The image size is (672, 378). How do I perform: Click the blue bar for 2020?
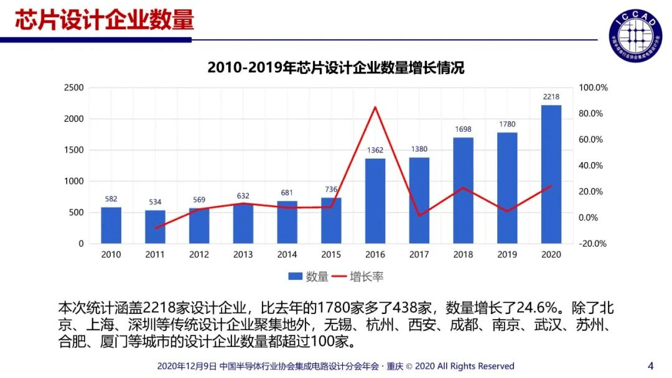pos(551,174)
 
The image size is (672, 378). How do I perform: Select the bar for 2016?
pos(375,201)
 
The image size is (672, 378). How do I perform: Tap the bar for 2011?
pos(155,227)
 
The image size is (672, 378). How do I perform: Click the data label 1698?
pos(463,129)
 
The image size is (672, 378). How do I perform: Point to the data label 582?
pos(111,199)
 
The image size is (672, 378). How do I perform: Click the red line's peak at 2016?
pos(375,108)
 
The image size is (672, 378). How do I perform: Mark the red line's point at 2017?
pos(419,216)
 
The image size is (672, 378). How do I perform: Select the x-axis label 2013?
pos(243,254)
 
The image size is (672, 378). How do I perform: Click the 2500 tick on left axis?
pos(73,88)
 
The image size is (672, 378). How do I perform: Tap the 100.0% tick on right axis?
pos(592,88)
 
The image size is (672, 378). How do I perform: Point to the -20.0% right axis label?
pos(592,244)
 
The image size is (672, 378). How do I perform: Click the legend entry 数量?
pos(309,277)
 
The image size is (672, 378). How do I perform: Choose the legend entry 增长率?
pos(357,277)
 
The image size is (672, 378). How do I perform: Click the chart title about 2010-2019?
pos(335,68)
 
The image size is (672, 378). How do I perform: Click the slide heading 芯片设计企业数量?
pos(104,20)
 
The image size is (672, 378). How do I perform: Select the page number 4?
pos(651,365)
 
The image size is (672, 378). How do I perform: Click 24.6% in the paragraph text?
pos(533,308)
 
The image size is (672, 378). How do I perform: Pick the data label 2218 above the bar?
pos(551,97)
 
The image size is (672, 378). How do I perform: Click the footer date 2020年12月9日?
pos(187,366)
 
